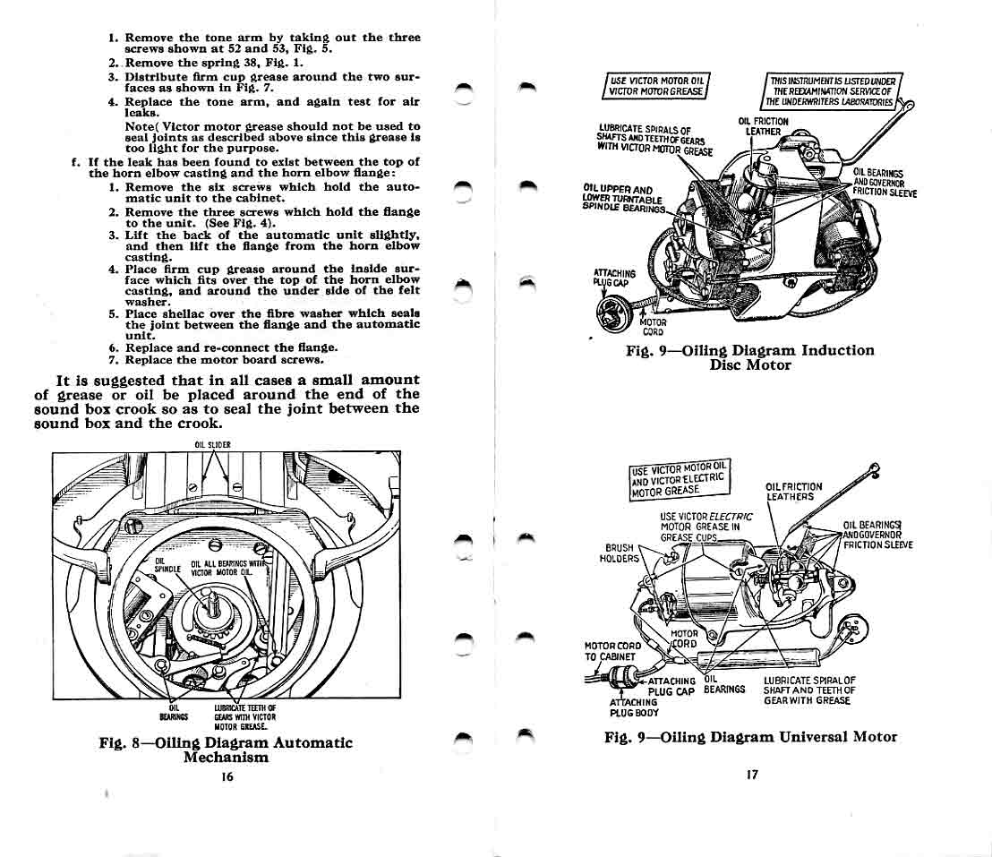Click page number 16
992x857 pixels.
pyautogui.click(x=227, y=777)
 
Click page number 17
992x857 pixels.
pyautogui.click(x=751, y=775)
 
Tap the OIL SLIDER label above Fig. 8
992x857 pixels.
pyautogui.click(x=212, y=445)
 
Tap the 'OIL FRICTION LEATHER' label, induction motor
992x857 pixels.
pyautogui.click(x=763, y=126)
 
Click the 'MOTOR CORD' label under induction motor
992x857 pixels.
pyautogui.click(x=654, y=328)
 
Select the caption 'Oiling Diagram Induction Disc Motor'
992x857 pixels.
pyautogui.click(x=749, y=357)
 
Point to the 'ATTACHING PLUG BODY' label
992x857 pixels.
pyautogui.click(x=634, y=707)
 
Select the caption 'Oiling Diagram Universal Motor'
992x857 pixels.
pyautogui.click(x=750, y=737)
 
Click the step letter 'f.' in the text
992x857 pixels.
pyautogui.click(x=75, y=161)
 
